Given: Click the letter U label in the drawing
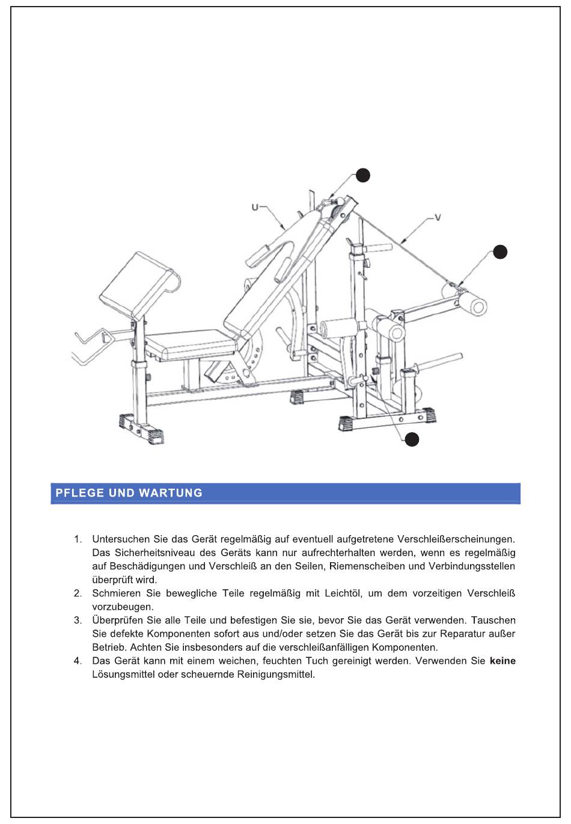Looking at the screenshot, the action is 255,208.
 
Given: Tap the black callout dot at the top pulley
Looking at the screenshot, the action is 362,175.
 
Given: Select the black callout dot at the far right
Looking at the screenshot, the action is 500,252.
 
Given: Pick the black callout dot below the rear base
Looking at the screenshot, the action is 412,439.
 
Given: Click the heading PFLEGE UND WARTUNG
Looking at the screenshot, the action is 129,493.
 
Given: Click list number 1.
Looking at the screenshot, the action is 78,539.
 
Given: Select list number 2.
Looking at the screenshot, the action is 78,593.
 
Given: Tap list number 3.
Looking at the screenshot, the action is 78,621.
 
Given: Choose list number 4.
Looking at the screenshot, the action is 78,661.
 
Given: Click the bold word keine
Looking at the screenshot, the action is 502,661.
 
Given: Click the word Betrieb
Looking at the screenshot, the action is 108,648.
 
